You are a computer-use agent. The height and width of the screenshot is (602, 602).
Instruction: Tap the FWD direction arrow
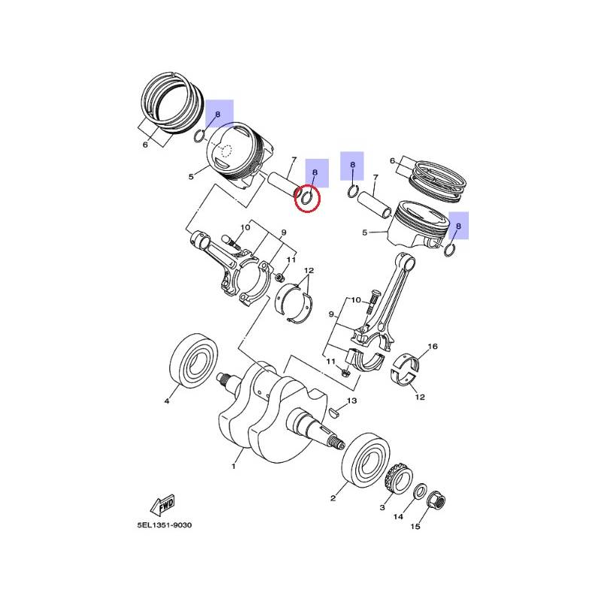point(162,505)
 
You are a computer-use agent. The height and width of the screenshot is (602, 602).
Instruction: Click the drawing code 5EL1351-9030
point(164,524)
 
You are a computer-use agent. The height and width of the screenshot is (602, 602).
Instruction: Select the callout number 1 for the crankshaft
point(233,467)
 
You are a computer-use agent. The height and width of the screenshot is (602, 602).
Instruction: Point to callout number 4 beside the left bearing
point(166,401)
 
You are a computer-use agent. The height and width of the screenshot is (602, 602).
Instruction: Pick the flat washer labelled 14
point(419,491)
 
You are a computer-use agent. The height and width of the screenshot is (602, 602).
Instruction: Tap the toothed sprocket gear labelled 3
point(400,479)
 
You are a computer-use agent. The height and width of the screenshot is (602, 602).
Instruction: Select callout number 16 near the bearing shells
point(433,346)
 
